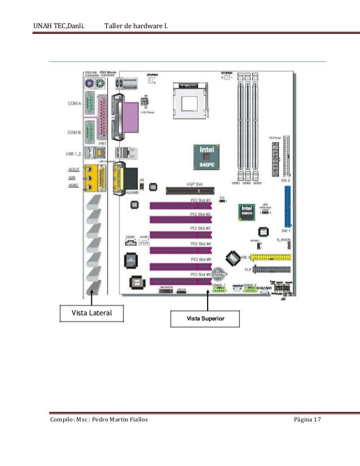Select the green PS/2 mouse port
click(x=99, y=83)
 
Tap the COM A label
click(x=74, y=104)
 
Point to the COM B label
click(x=74, y=132)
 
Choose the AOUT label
click(x=73, y=169)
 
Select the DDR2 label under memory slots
click(x=247, y=183)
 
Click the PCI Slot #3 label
click(x=200, y=228)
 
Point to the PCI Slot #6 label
click(x=200, y=274)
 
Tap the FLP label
click(x=247, y=270)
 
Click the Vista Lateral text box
click(x=91, y=313)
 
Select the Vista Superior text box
click(x=206, y=319)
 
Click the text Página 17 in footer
click(x=307, y=420)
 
